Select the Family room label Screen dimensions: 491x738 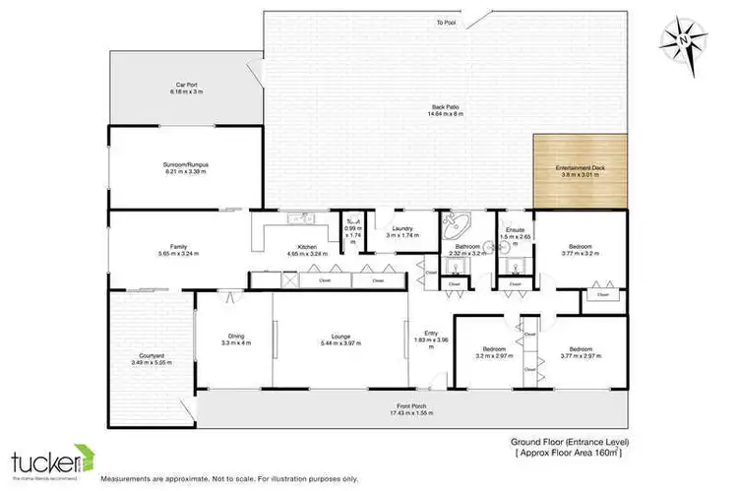click(178, 249)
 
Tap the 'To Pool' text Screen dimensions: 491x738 click(447, 22)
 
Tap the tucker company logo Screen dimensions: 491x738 click(50, 460)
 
